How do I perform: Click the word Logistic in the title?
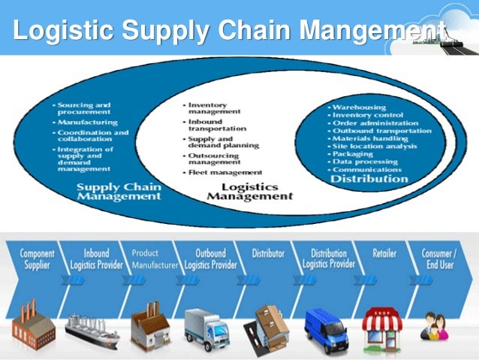64,32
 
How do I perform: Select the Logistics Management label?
249,191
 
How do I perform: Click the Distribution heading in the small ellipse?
369,179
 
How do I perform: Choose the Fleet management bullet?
224,173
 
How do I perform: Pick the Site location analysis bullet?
375,147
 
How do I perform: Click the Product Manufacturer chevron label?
155,259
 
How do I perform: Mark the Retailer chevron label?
385,254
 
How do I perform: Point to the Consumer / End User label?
441,259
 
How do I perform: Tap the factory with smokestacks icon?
34,325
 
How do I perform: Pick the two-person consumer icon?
434,328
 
